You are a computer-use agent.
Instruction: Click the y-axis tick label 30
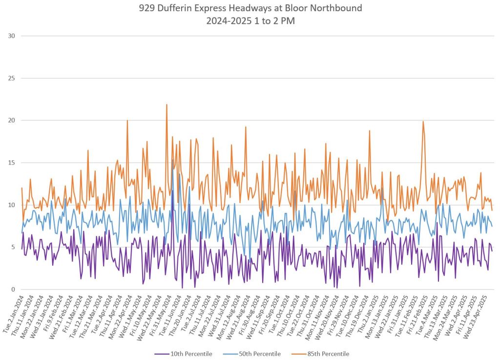[x=12, y=36]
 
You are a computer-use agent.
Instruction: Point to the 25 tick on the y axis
[x=12, y=78]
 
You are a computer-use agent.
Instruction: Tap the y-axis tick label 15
[x=12, y=163]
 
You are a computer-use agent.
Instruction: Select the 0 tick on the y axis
[x=13, y=290]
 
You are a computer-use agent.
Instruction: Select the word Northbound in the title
[x=339, y=8]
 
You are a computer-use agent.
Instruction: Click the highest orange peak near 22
[x=167, y=105]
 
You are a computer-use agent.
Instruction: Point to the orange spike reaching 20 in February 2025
[x=423, y=122]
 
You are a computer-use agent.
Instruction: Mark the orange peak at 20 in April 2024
[x=127, y=121]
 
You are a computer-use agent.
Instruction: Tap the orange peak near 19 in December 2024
[x=370, y=131]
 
